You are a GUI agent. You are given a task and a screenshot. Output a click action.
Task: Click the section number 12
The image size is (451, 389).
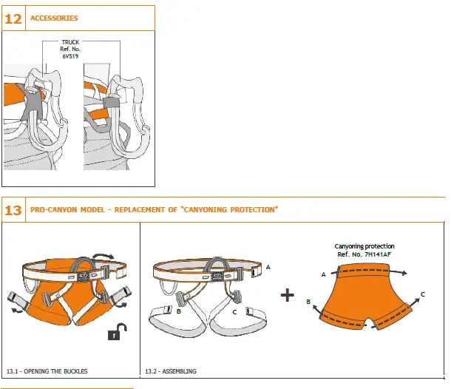point(13,18)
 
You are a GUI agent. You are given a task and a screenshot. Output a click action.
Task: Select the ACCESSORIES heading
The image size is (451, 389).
point(54,18)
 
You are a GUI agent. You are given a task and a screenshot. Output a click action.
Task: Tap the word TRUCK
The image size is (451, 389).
point(70,42)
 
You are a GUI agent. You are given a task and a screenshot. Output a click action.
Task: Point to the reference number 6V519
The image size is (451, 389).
point(70,55)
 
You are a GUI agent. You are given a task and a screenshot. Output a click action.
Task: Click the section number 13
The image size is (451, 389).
point(13,210)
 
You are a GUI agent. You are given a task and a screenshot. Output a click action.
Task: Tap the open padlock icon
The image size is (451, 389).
point(115,334)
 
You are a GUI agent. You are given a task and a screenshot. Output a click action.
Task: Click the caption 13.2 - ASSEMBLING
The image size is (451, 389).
point(171,371)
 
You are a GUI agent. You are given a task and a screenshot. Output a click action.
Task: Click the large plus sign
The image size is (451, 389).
point(288,295)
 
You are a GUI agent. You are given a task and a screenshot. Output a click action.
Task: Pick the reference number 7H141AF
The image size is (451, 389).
point(377,254)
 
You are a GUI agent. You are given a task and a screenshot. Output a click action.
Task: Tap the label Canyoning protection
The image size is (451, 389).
point(364,246)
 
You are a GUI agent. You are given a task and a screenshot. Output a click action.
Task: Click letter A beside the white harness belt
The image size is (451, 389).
point(268,266)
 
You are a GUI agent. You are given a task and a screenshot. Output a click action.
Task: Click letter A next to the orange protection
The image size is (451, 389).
point(323,274)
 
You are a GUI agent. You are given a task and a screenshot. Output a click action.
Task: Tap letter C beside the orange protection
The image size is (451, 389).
point(422,294)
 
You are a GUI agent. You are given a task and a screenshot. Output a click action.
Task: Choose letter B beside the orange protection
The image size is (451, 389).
point(308,302)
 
